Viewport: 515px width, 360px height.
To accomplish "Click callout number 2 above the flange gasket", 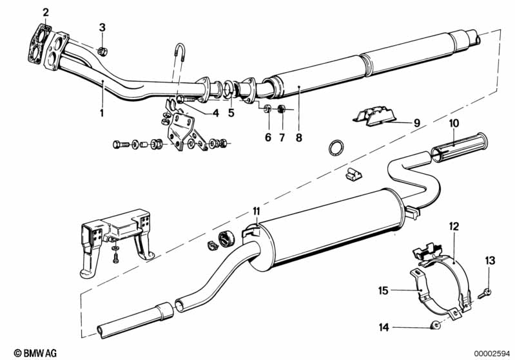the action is [46, 12].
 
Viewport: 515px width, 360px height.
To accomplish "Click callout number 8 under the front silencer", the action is [298, 138].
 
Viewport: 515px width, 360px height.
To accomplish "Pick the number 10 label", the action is [454, 124].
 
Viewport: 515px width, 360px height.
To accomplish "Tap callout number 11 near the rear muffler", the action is [256, 211].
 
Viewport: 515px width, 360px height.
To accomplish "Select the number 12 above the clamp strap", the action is [454, 227].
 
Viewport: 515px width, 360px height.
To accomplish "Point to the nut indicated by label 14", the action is [435, 326].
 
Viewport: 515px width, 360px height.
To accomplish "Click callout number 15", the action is [384, 290].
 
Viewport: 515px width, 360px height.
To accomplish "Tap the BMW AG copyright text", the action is [35, 353].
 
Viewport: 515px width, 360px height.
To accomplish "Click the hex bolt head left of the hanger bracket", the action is [117, 144].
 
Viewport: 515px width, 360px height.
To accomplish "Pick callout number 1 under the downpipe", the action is [102, 113].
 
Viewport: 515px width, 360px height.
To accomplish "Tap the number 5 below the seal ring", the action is [231, 113].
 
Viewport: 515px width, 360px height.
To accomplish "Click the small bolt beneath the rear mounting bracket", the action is [115, 258].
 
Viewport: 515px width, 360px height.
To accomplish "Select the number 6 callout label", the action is [268, 138].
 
